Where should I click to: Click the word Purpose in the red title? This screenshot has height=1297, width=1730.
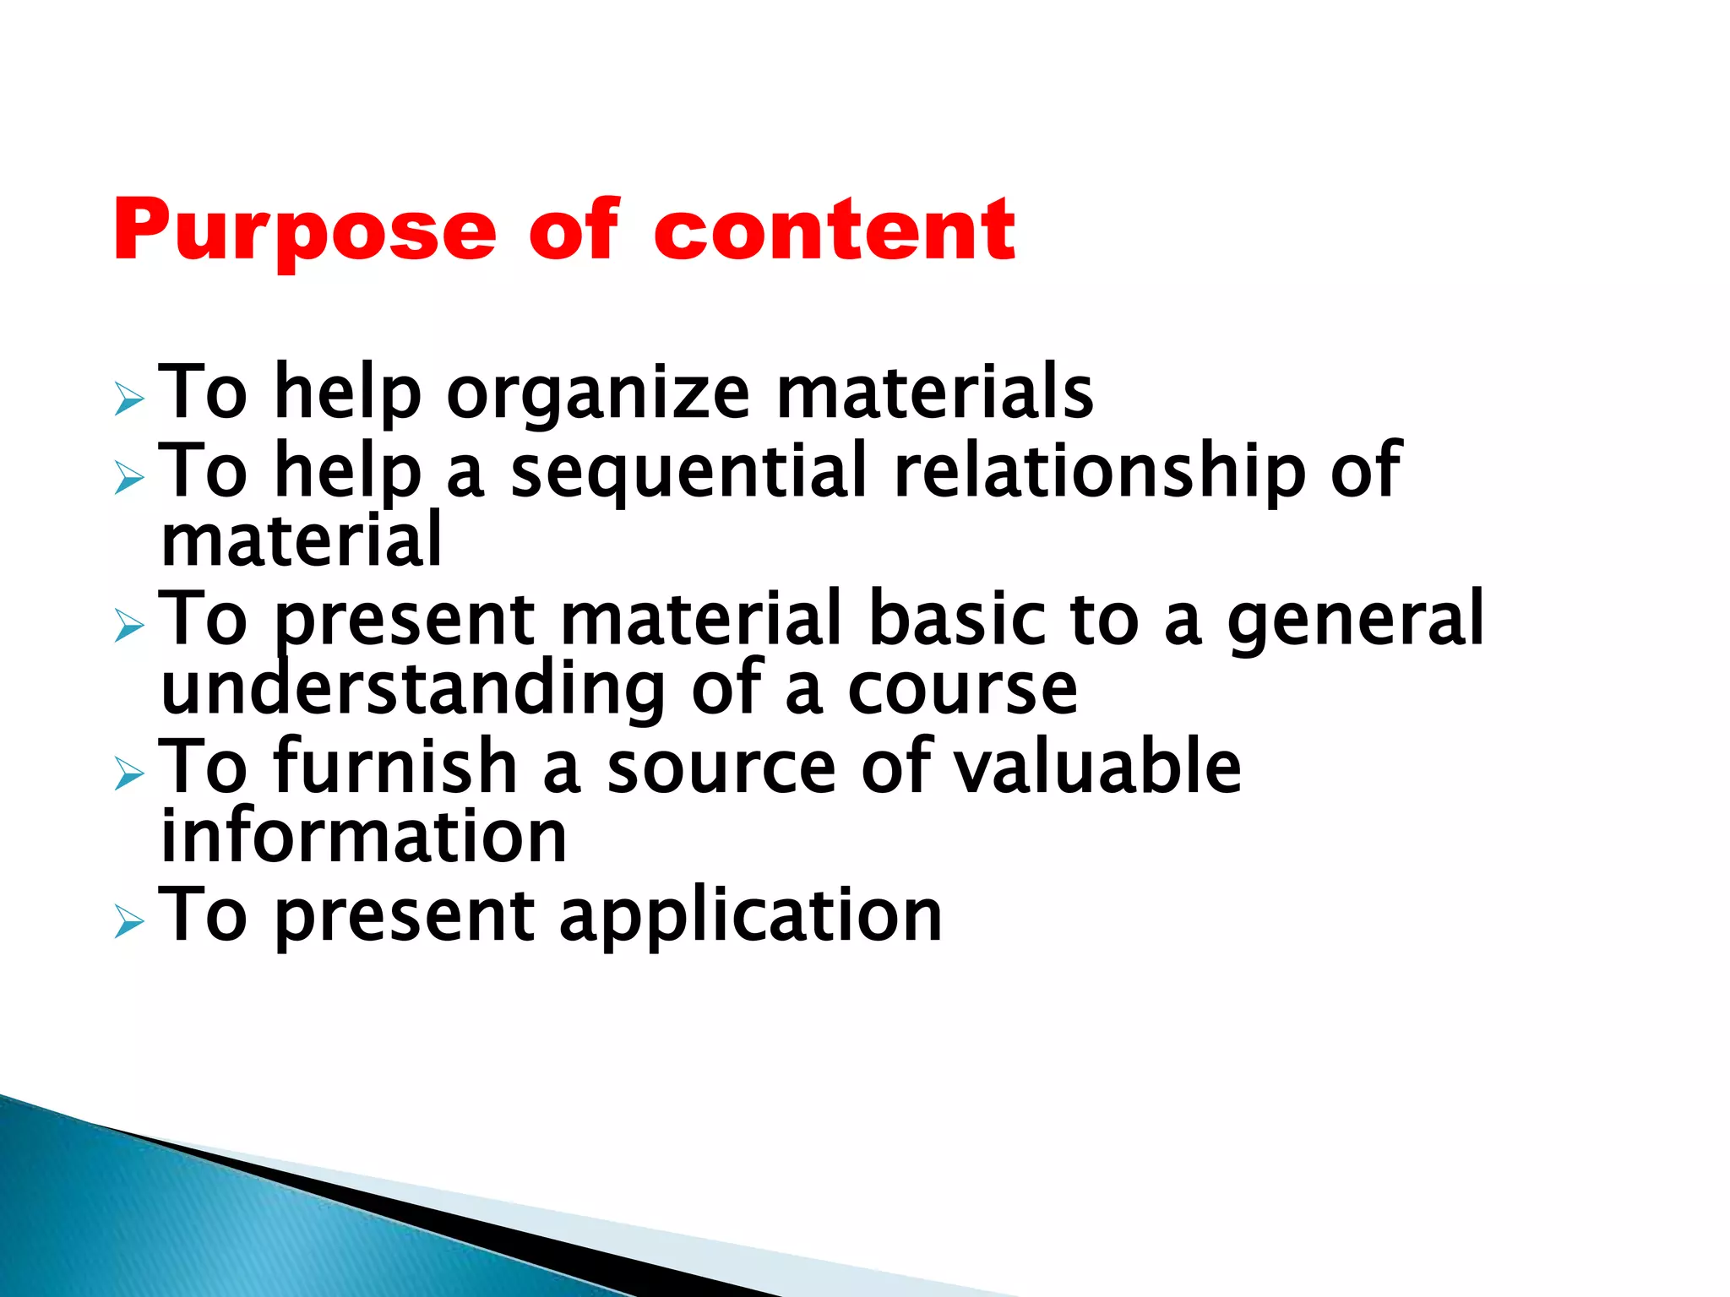click(304, 231)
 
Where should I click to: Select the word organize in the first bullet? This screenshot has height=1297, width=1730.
click(597, 393)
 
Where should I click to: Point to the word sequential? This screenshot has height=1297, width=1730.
click(688, 470)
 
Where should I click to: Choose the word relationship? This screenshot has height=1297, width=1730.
click(1099, 470)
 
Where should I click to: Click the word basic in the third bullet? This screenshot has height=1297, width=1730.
click(960, 619)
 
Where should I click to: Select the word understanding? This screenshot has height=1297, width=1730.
click(413, 688)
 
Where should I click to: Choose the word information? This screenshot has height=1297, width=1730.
click(364, 837)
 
